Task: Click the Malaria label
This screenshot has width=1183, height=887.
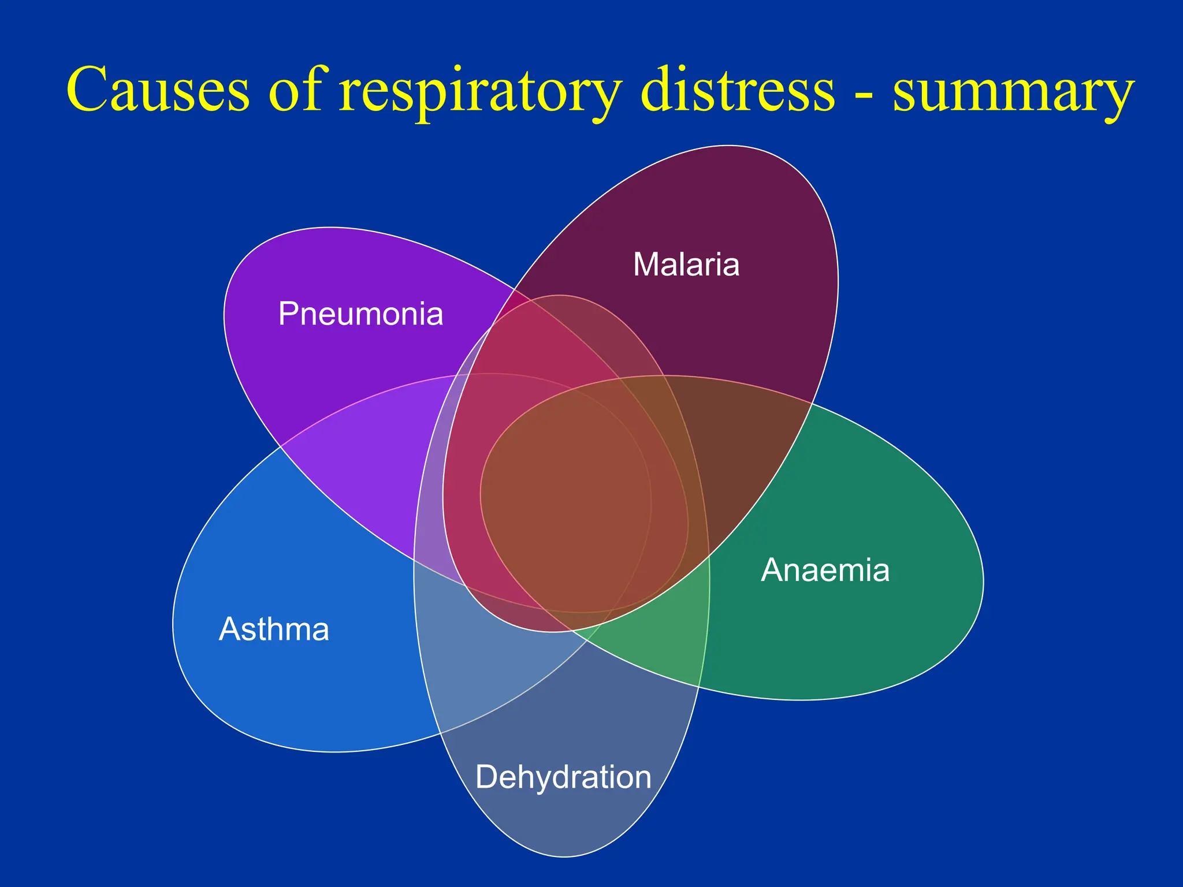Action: pos(686,265)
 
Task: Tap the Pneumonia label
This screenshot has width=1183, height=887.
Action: pos(360,314)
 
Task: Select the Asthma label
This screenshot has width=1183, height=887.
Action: pos(274,629)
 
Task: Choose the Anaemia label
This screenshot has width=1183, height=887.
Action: pos(825,571)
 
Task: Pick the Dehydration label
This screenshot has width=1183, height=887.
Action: pos(563,777)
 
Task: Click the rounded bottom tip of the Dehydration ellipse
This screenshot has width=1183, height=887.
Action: pos(564,854)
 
